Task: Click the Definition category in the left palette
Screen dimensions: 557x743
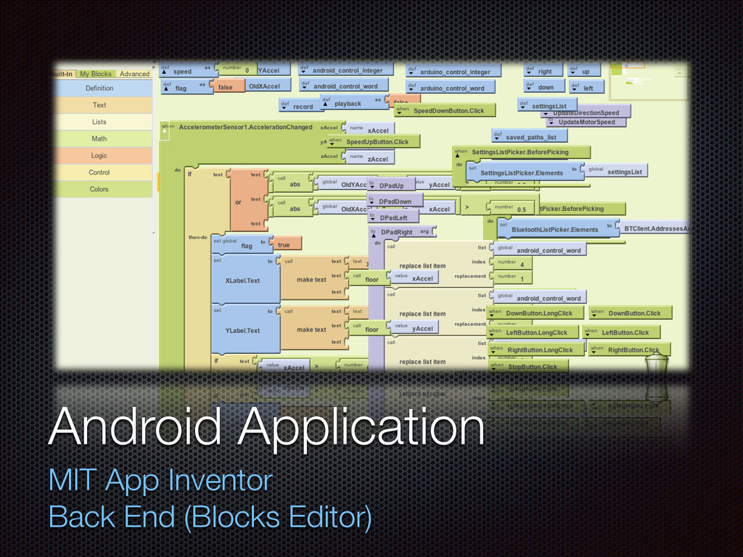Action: (99, 88)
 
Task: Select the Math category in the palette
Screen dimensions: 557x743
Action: (99, 139)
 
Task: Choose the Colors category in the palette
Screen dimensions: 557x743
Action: (99, 189)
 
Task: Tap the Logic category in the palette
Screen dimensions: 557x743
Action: (99, 155)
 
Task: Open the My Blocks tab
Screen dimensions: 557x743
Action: (96, 74)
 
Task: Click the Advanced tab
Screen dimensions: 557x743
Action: (134, 74)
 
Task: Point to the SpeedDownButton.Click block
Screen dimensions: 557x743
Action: (448, 111)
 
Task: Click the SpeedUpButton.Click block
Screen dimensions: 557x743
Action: (377, 142)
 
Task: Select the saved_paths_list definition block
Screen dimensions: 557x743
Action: (530, 137)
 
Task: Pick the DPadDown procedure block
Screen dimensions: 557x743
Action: (395, 201)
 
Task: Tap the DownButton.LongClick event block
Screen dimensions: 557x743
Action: (538, 313)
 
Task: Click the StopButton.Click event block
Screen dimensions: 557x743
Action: (532, 367)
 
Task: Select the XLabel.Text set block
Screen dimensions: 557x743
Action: (243, 281)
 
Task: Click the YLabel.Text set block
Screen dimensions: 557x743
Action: (243, 330)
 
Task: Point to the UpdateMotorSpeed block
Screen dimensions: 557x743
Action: (586, 122)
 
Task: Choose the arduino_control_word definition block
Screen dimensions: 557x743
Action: (451, 88)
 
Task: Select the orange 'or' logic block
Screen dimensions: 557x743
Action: (238, 202)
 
